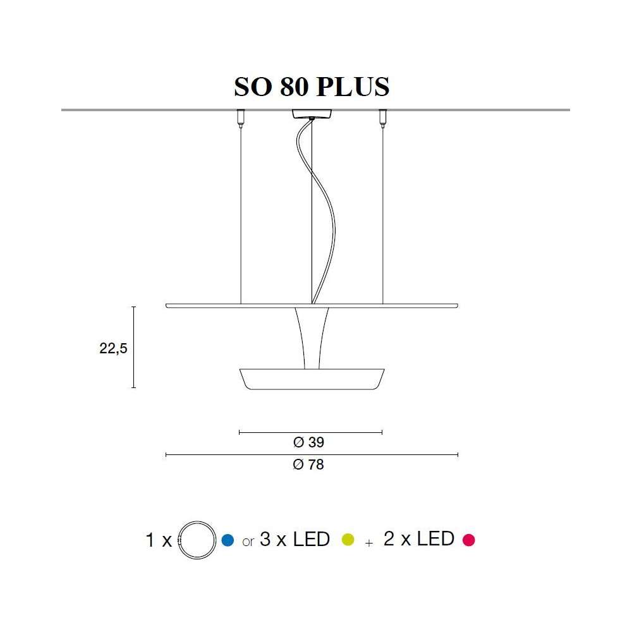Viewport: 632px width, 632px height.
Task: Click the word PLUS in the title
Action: (x=353, y=86)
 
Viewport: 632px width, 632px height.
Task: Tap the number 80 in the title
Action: (x=294, y=86)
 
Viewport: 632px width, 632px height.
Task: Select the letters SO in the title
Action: (x=253, y=86)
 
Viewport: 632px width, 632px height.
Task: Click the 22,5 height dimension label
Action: (x=113, y=348)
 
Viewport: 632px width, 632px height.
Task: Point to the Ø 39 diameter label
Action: (x=309, y=442)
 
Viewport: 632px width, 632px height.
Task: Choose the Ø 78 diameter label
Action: (x=308, y=465)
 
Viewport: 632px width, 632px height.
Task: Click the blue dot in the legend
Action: (x=228, y=540)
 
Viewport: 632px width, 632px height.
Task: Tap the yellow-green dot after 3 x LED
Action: (x=348, y=540)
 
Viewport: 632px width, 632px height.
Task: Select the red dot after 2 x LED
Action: (x=469, y=540)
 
